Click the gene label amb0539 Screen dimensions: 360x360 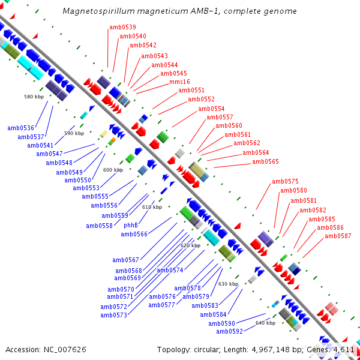click(122, 27)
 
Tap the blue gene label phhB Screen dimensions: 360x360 click(131, 225)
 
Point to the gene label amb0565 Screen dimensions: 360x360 click(265, 161)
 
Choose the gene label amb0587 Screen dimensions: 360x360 click(338, 236)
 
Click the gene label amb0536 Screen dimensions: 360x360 click(21, 128)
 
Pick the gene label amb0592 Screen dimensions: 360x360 click(230, 331)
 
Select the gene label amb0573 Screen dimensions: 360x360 click(114, 315)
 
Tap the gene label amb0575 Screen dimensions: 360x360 click(285, 181)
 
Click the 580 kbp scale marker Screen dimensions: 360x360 click(34, 97)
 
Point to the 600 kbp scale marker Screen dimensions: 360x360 click(113, 170)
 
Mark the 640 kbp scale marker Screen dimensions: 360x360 click(265, 323)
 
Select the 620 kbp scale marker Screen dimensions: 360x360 click(190, 245)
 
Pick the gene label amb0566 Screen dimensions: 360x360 click(134, 234)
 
